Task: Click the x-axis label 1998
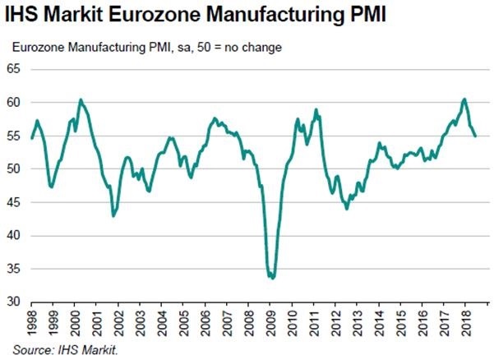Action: pos(32,324)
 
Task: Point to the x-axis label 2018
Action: pos(465,324)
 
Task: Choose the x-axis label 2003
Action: pos(141,324)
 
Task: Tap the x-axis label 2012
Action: pos(337,324)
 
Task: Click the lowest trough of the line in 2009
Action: pos(272,278)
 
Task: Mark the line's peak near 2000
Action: pos(80,99)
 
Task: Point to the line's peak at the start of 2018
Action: pos(464,99)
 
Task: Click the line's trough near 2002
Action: pos(113,215)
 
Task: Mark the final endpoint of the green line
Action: pos(475,136)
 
